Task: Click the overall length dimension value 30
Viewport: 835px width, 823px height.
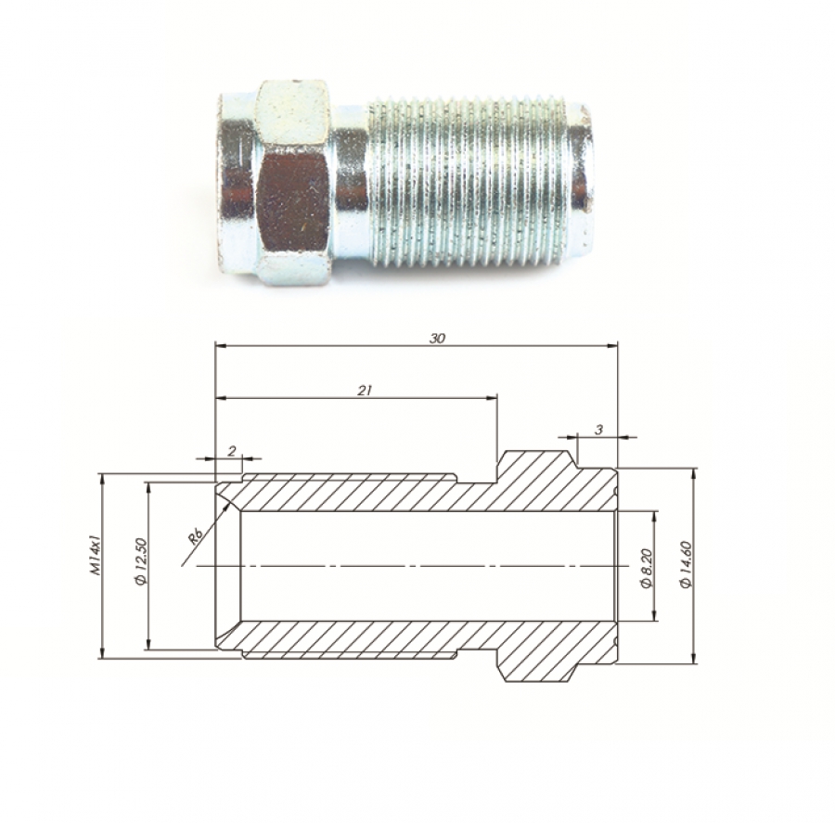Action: click(436, 338)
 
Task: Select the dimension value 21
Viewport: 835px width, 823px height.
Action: click(364, 390)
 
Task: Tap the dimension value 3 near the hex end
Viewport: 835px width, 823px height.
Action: click(598, 430)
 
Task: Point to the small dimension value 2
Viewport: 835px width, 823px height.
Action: click(232, 451)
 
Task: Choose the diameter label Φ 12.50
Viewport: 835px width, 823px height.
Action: click(141, 562)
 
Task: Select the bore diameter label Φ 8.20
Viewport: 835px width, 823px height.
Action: click(647, 569)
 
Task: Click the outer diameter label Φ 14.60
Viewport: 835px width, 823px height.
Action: click(686, 565)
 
